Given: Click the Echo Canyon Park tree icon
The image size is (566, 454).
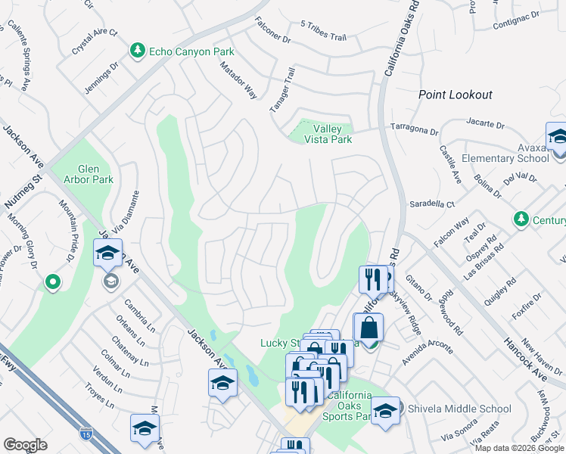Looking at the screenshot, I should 137,51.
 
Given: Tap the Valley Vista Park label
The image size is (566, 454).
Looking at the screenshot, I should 328,134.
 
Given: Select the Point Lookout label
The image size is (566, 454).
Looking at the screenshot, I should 456,95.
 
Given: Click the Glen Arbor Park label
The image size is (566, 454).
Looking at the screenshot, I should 95,173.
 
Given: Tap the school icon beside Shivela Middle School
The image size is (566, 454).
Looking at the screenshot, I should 385,411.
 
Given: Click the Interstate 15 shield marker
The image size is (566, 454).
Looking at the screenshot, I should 86,434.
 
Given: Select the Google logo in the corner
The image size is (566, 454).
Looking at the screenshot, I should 25,444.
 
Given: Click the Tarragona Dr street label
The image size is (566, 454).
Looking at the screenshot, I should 414,129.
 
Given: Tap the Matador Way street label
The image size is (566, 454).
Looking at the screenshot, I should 238,80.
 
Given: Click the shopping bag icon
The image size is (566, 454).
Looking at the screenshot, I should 369,328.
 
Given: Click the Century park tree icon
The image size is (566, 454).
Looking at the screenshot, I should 521,219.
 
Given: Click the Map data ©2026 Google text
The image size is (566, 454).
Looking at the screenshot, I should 518,448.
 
